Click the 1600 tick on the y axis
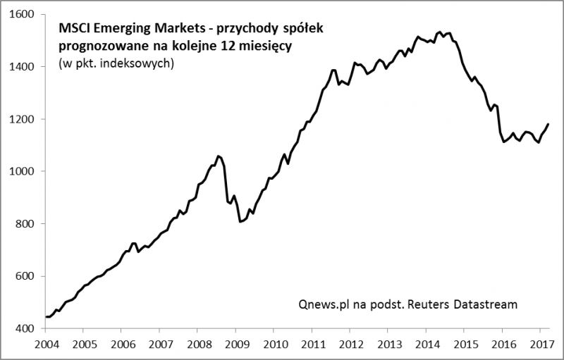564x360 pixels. point(23,14)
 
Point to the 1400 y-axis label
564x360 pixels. point(23,67)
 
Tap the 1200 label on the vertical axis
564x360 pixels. point(23,119)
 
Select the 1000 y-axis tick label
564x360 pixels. point(23,171)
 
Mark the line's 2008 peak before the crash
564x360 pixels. point(218,156)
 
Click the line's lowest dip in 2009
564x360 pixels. point(241,222)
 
